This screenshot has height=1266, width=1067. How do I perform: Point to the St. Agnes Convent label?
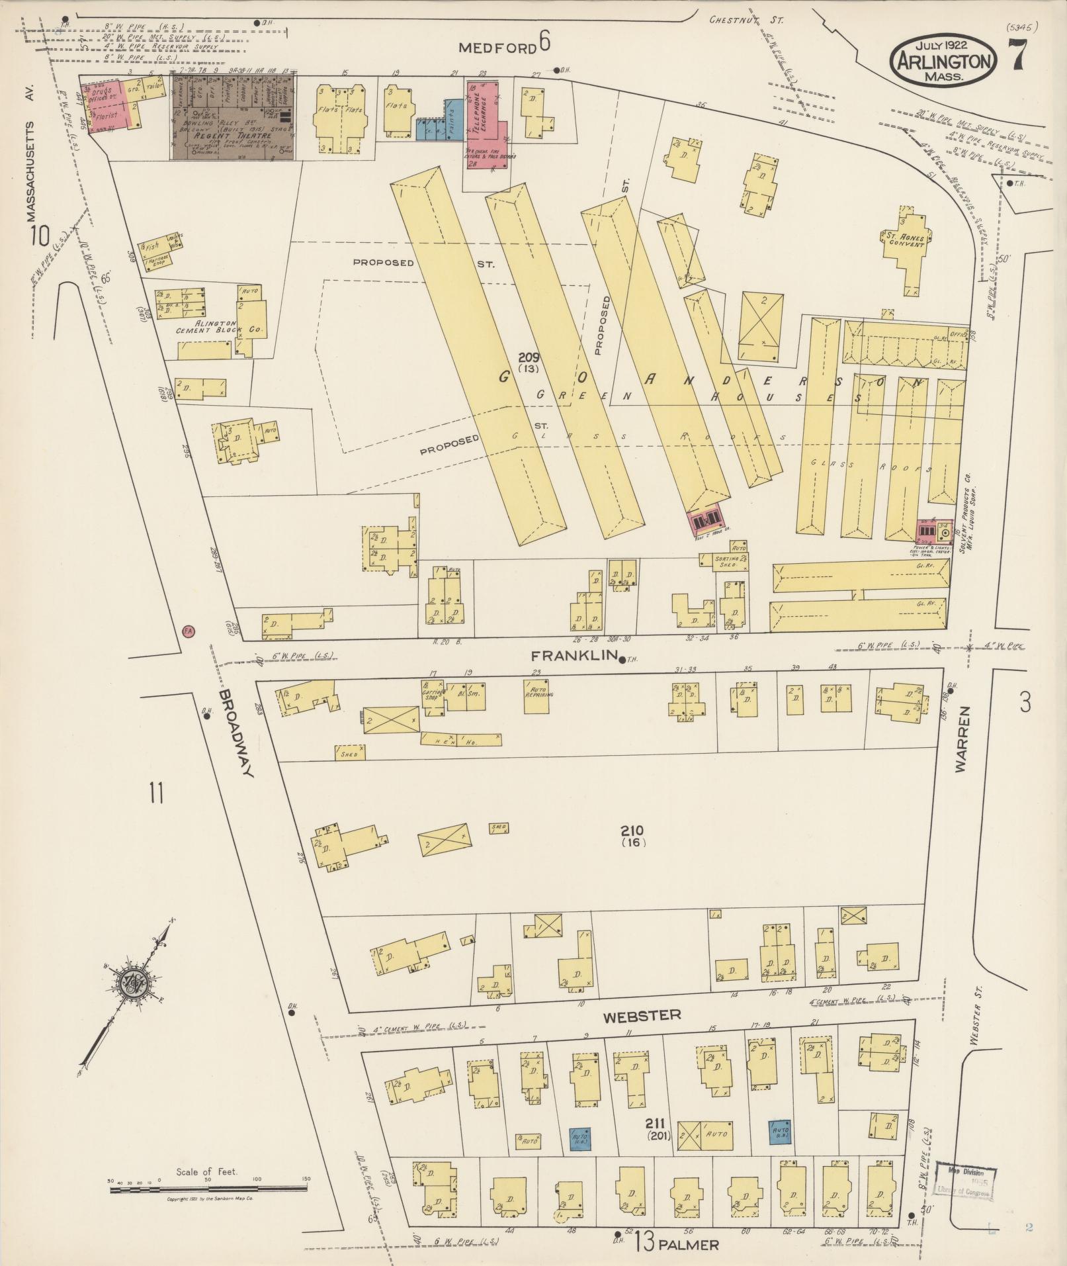(x=906, y=238)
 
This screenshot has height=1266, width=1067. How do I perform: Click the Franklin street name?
(x=573, y=656)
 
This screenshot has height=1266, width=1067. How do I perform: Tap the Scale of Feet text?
(x=206, y=1172)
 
